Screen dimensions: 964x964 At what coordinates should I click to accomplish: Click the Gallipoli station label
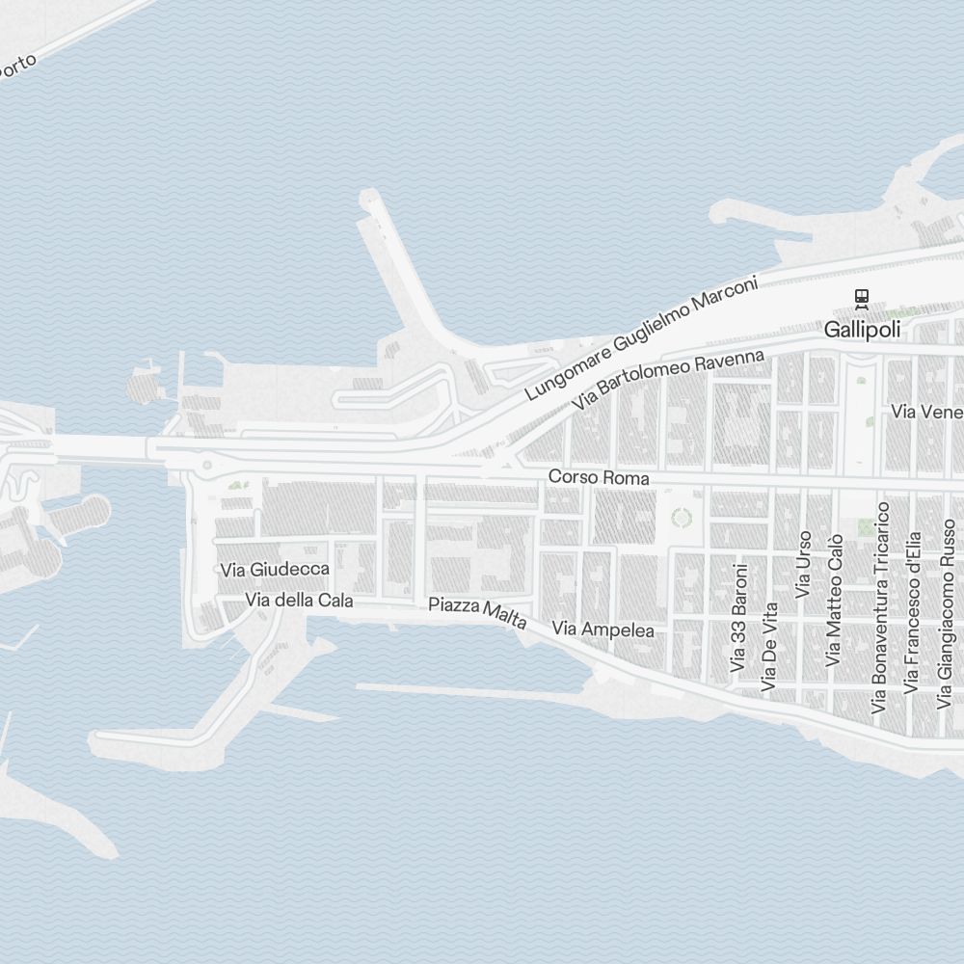pos(862,330)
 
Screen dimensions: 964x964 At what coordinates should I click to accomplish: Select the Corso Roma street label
pos(599,477)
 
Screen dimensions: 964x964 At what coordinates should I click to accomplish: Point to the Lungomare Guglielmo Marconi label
pos(642,337)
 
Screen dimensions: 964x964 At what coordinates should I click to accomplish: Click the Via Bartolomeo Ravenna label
pos(668,381)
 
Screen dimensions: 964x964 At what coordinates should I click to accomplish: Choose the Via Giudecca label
pos(275,570)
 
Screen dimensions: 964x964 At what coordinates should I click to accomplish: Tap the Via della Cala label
pos(300,601)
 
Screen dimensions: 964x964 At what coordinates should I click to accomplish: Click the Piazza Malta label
pos(478,614)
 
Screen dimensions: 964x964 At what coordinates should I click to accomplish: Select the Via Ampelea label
pos(603,630)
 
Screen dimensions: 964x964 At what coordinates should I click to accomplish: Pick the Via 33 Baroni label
pos(739,617)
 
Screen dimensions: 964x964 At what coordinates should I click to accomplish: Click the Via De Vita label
pos(768,647)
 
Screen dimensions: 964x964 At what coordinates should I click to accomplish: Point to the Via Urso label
pos(803,564)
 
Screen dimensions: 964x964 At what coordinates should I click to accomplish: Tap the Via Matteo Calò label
pos(834,600)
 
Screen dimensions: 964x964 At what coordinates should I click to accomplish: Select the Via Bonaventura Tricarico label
pos(879,606)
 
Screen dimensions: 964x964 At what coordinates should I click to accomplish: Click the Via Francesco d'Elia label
pos(911,613)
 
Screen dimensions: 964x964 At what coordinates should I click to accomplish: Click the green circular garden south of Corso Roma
pos(682,518)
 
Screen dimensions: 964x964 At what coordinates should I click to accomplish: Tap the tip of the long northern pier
pos(368,200)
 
